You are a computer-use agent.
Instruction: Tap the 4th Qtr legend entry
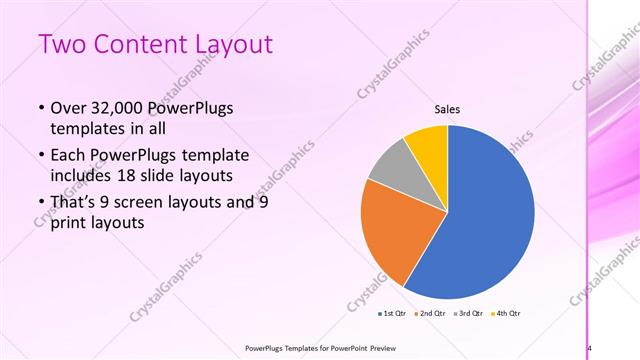tap(506, 314)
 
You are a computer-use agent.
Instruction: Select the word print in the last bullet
tap(69, 224)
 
